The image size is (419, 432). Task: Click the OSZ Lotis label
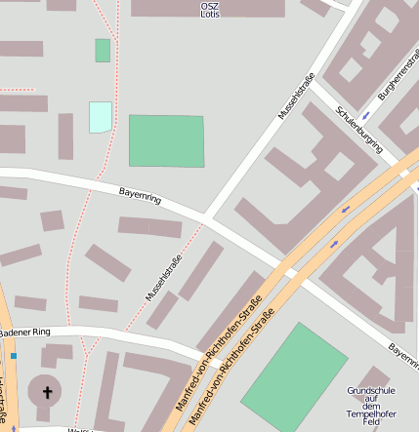click(x=209, y=10)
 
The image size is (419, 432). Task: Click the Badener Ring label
click(x=23, y=333)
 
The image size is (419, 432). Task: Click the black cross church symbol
click(x=45, y=393)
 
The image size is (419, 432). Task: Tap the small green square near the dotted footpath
click(x=103, y=51)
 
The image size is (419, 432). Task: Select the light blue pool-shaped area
click(x=100, y=117)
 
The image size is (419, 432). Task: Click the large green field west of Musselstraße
click(x=167, y=140)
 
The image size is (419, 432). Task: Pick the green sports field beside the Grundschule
click(x=294, y=376)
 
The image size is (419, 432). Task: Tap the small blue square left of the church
click(x=14, y=384)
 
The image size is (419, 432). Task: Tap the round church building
click(x=45, y=393)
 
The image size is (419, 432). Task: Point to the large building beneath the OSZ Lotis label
click(x=207, y=9)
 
